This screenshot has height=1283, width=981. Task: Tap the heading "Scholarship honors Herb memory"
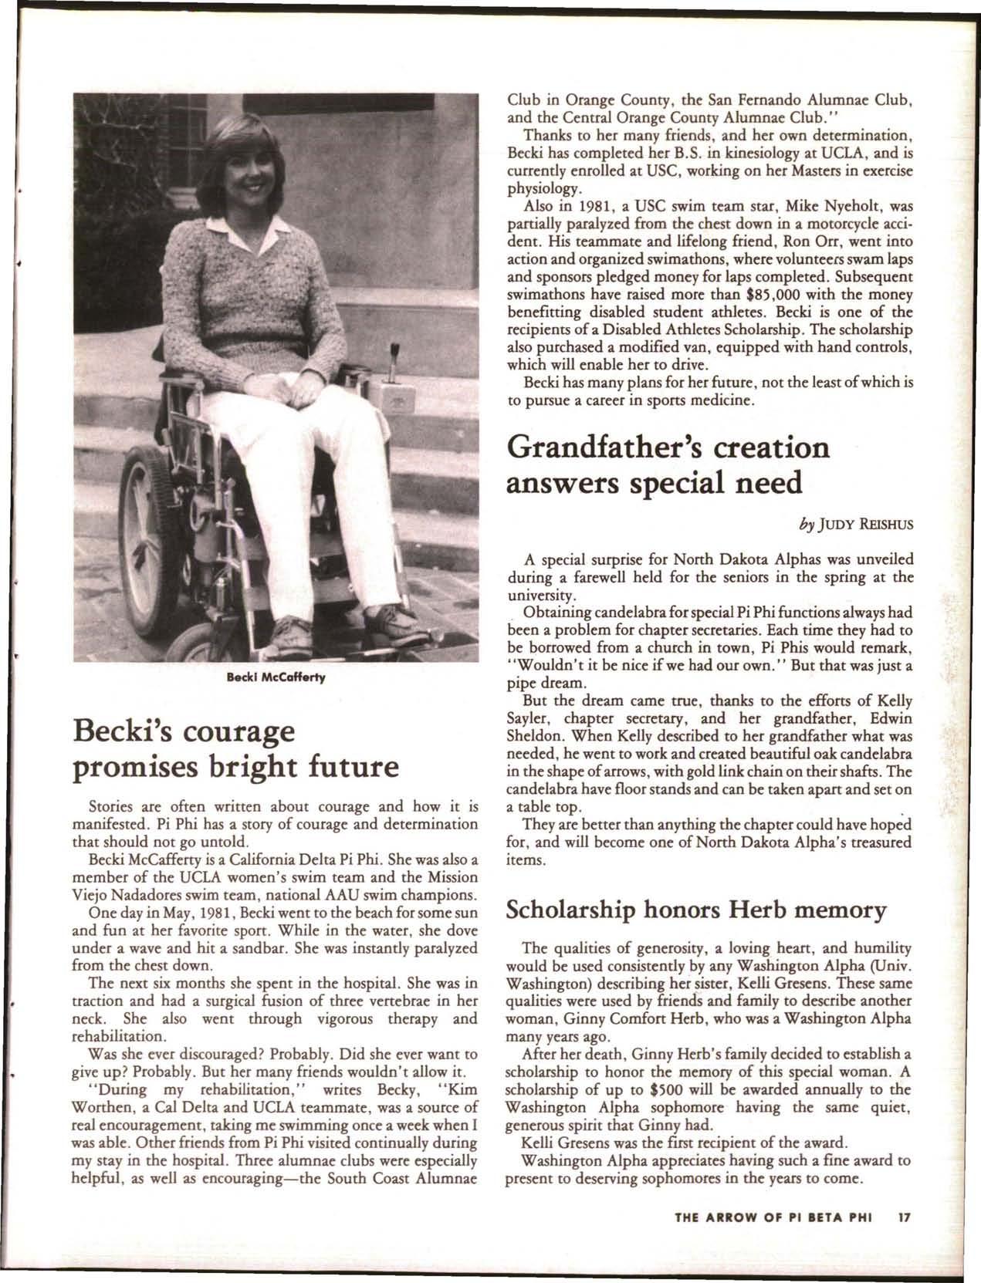click(695, 910)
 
